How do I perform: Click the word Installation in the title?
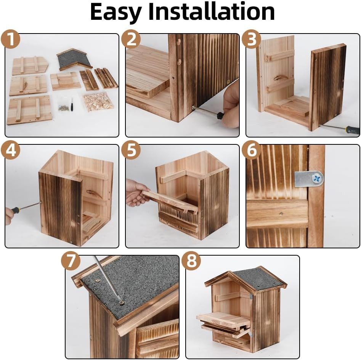coord(212,11)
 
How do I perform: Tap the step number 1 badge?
coord(11,39)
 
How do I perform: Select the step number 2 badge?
coord(131,39)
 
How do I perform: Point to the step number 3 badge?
coord(252,39)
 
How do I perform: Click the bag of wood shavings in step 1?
coord(98,102)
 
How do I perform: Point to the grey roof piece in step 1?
coord(74,59)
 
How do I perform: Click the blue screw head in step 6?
coord(317,179)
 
